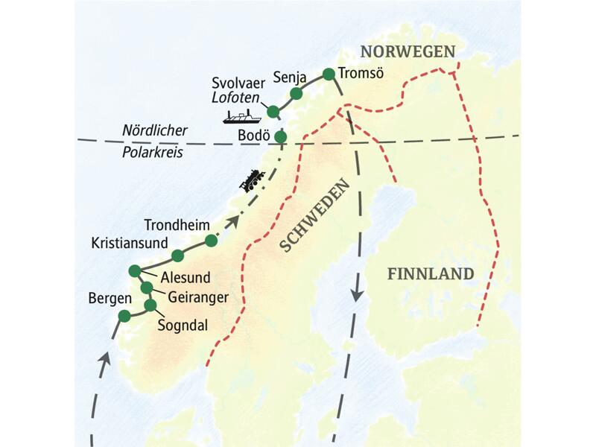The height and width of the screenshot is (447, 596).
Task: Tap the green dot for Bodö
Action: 280,136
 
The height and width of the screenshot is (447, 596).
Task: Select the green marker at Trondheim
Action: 211,241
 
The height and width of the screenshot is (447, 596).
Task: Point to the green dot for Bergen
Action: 124,317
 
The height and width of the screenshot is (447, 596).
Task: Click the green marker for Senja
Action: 296,93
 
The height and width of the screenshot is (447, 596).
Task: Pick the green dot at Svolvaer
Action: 273,112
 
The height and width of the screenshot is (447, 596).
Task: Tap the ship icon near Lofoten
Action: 241,117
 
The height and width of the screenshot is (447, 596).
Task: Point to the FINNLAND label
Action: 431,274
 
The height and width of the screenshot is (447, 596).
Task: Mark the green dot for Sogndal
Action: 150,305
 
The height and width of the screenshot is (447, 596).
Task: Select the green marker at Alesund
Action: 135,270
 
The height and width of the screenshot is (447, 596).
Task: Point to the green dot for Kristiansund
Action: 177,256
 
